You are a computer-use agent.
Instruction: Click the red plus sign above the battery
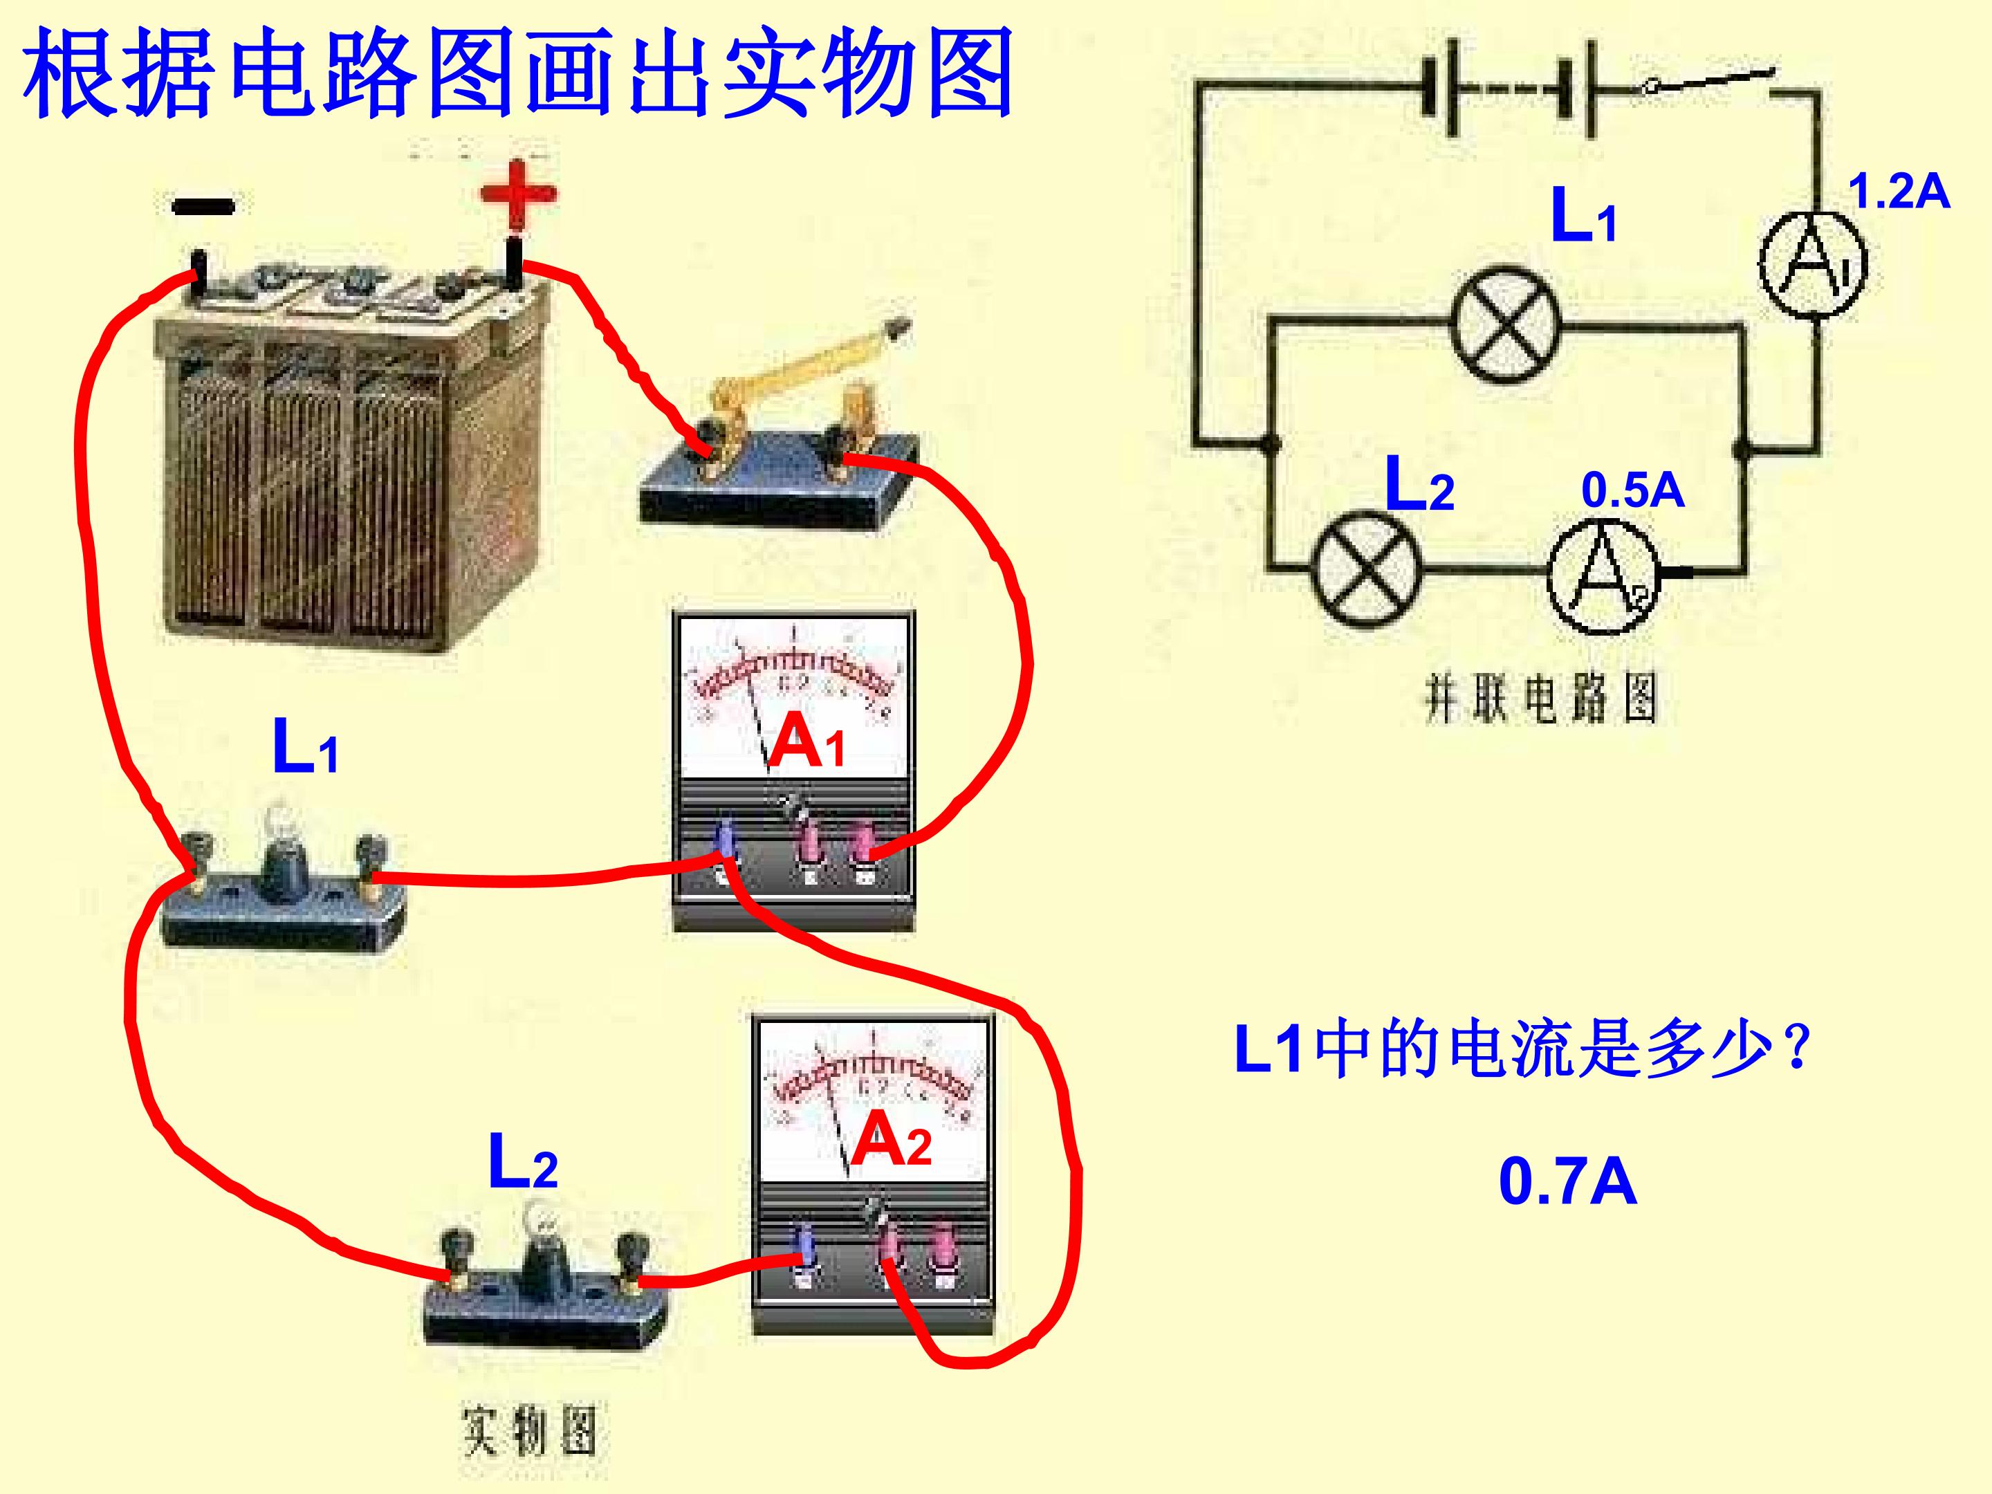[518, 194]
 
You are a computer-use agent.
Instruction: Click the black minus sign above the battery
[203, 206]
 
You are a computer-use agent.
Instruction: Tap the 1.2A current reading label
[1899, 193]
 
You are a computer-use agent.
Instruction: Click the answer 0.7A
[1567, 1183]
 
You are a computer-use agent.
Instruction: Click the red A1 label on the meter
[808, 740]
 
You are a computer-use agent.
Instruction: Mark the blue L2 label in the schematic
[1419, 484]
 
